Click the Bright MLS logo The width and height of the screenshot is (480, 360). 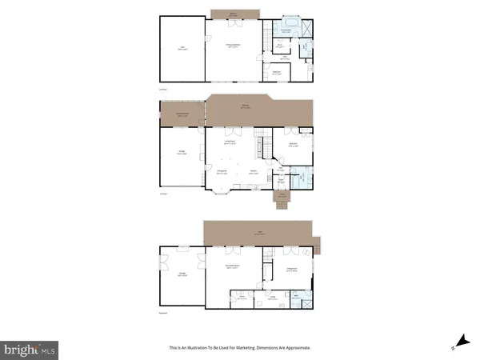[x=30, y=349]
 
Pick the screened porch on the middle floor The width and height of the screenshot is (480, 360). [x=182, y=116]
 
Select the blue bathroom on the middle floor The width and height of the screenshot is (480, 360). [x=298, y=179]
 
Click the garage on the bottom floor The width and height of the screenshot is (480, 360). [x=182, y=276]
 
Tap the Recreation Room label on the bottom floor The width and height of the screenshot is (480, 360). [x=233, y=269]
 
